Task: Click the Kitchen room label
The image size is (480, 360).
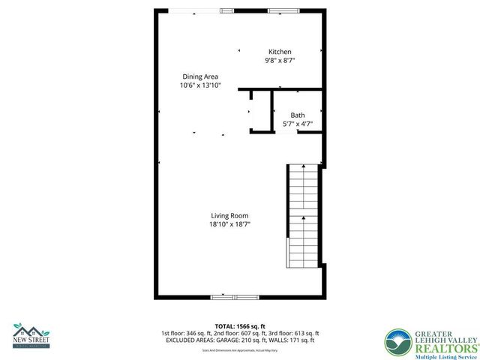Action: coord(280,52)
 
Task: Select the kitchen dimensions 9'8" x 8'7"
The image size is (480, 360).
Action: coord(280,61)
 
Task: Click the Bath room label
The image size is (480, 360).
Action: coord(298,115)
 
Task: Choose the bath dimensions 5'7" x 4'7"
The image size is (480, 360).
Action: coord(298,124)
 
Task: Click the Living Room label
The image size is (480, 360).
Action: coord(229,215)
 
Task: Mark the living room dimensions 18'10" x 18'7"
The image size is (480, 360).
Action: coord(229,224)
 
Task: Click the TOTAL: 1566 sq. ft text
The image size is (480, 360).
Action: coord(239,326)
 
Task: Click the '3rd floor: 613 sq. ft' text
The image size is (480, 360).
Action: coord(295,333)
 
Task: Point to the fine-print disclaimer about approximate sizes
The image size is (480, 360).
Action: coord(239,350)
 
